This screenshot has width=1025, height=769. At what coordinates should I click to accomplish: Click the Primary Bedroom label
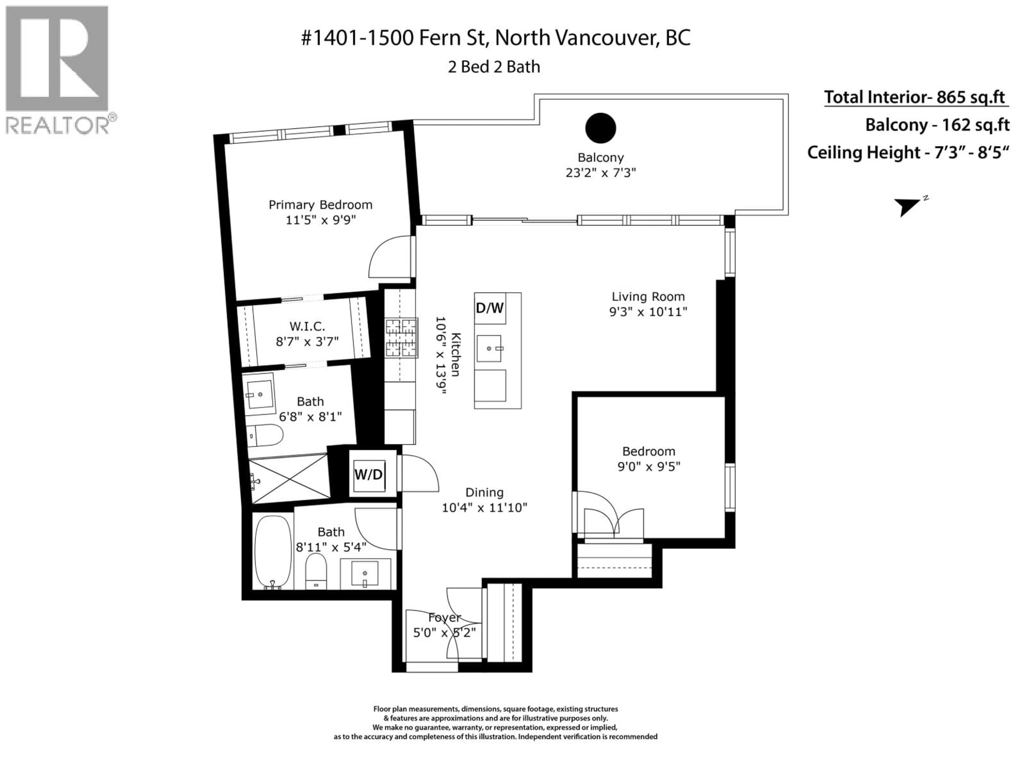click(x=320, y=205)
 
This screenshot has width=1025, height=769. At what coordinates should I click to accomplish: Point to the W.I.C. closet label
click(x=307, y=326)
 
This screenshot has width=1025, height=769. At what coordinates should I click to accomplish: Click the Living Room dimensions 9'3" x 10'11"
click(x=648, y=312)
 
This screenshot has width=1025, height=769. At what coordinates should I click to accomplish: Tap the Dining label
click(x=484, y=492)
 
